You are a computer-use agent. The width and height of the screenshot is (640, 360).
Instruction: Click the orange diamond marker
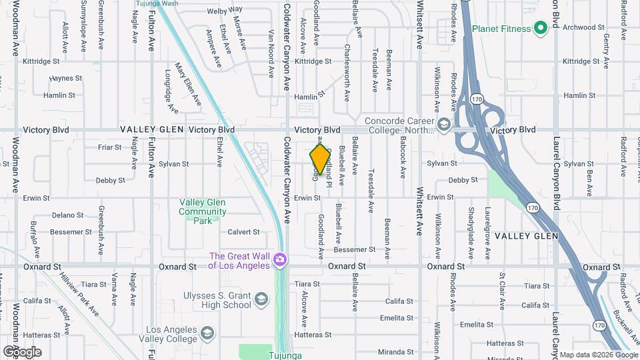pyautogui.click(x=321, y=159)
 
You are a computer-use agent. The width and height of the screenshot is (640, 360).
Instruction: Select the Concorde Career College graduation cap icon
pyautogui.click(x=443, y=124)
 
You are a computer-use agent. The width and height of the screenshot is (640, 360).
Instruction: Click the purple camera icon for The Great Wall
pyautogui.click(x=281, y=259)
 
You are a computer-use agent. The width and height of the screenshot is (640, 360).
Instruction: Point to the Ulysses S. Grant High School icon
pyautogui.click(x=262, y=297)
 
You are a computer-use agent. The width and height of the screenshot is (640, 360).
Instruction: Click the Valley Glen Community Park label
pyautogui.click(x=202, y=211)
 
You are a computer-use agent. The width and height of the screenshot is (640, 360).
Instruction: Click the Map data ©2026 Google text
pyautogui.click(x=598, y=354)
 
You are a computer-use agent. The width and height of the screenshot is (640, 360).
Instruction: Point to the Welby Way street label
pyautogui.click(x=225, y=11)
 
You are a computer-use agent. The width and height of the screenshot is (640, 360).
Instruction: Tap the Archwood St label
pyautogui.click(x=583, y=27)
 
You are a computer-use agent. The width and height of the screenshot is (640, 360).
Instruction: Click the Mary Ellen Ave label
pyautogui.click(x=187, y=85)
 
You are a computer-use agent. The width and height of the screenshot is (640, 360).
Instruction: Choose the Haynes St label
pyautogui.click(x=65, y=78)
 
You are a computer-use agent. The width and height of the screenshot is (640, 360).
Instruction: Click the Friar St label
pyautogui.click(x=109, y=147)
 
